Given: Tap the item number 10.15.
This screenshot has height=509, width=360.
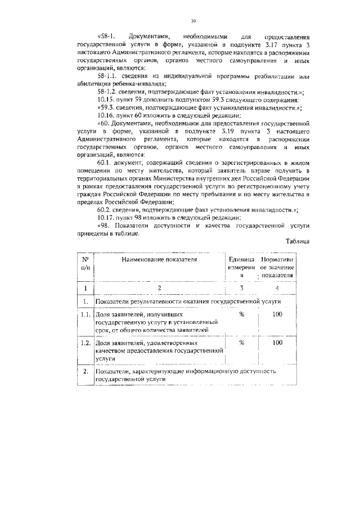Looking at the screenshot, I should point(106,98).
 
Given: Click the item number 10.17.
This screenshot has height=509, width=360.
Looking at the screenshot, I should point(106,218).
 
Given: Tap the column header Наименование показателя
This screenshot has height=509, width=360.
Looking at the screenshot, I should point(160,260).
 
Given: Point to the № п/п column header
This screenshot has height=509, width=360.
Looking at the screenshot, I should point(85,264).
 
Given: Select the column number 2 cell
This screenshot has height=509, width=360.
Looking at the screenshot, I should point(160,289).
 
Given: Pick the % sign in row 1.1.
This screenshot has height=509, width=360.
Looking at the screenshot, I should point(241,315).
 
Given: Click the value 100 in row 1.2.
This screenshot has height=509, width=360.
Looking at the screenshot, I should point(277,342).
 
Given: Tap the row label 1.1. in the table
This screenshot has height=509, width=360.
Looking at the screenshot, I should point(85,315).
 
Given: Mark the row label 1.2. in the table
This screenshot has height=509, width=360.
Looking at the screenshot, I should point(85,342).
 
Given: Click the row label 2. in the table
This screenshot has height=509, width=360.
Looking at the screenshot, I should point(85,372).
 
